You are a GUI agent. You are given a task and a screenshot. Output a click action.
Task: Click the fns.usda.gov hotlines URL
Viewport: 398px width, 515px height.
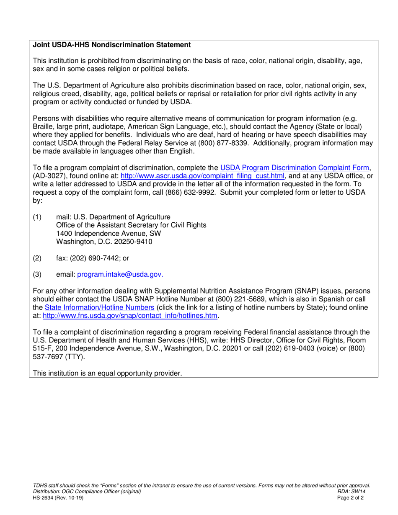pyautogui.click(x=131, y=316)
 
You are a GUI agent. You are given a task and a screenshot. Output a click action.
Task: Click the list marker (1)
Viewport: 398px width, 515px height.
pyautogui.click(x=37, y=217)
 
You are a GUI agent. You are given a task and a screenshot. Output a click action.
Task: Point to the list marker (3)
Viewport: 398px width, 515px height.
pyautogui.click(x=37, y=274)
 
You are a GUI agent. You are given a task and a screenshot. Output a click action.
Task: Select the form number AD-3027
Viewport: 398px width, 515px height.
pyautogui.click(x=49, y=176)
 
